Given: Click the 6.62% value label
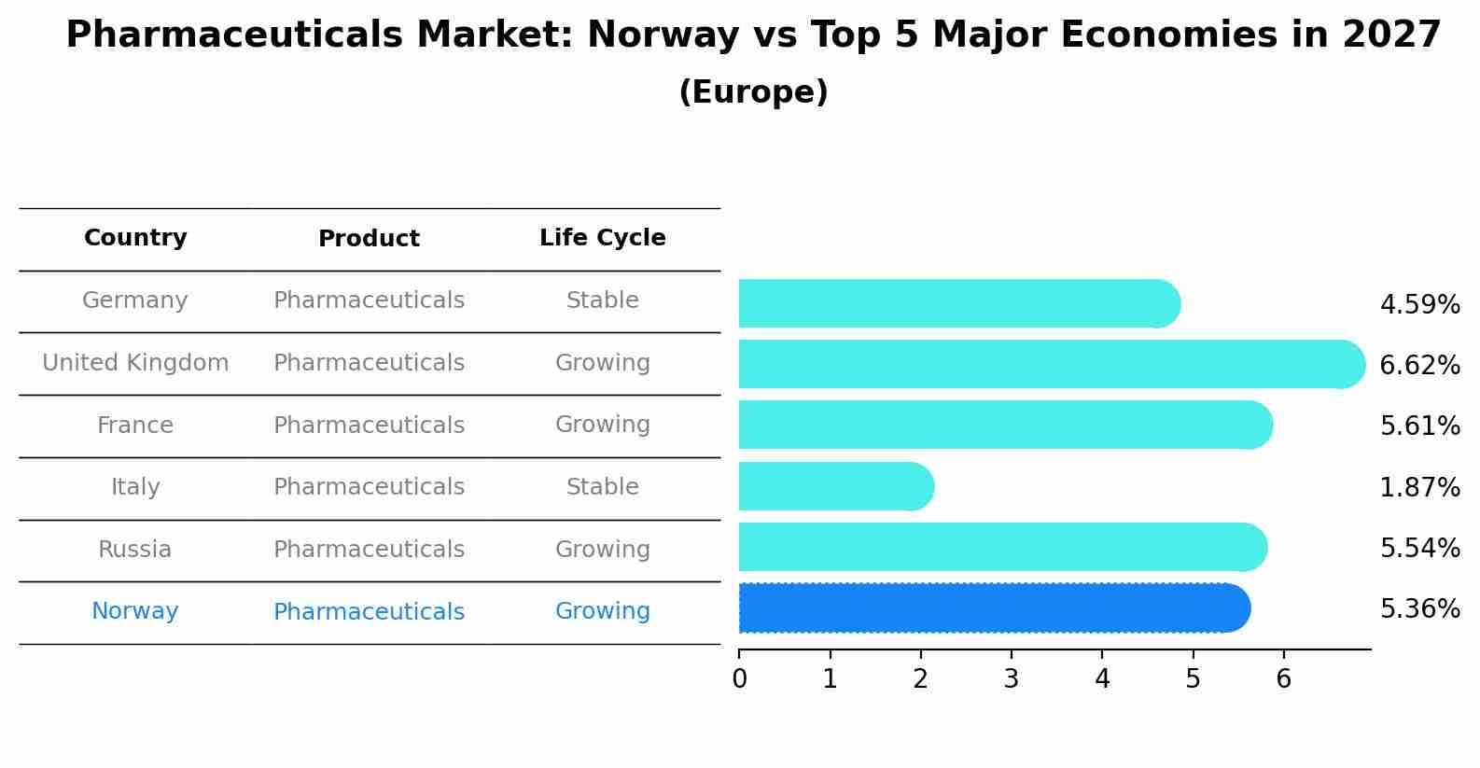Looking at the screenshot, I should [1419, 366].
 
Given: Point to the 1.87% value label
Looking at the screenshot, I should [1419, 487].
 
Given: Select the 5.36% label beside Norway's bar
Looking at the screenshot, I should [1419, 609].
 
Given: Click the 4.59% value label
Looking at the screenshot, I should [1419, 305].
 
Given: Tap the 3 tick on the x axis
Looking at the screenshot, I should [1012, 679].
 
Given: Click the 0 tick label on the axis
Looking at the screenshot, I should [739, 679].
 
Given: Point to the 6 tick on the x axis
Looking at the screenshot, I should [1283, 679].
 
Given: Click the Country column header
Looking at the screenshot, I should [135, 238].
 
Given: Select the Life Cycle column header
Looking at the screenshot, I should [602, 238].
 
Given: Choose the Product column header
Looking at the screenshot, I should [369, 239].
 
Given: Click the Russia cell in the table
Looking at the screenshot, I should [135, 550].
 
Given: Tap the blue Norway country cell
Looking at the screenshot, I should [135, 611].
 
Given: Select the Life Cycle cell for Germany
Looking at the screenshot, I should [602, 300].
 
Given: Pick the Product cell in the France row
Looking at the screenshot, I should [369, 426].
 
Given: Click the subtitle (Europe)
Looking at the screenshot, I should [753, 92].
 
